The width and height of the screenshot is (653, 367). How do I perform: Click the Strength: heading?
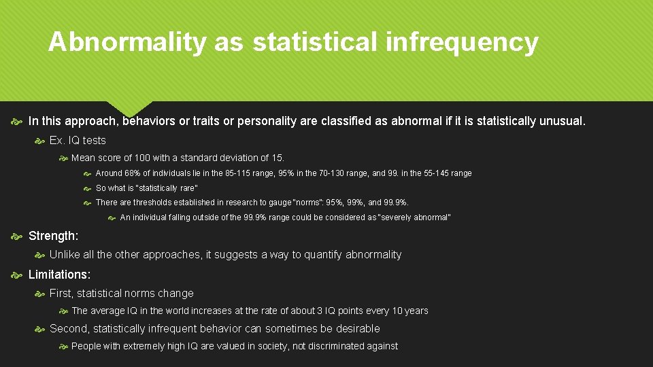tap(53, 236)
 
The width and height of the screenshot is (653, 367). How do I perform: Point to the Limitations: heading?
tap(59, 275)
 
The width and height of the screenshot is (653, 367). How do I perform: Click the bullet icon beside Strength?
tap(17, 236)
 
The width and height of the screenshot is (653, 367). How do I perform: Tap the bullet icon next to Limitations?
tap(17, 275)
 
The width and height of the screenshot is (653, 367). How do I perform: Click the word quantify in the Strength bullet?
tap(317, 255)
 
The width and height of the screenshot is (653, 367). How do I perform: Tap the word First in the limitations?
tap(62, 294)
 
